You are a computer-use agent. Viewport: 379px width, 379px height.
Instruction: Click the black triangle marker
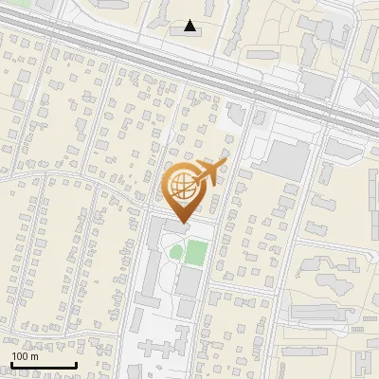190,26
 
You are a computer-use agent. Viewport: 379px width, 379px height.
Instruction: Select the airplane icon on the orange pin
209,173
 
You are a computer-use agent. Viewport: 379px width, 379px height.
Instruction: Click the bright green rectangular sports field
195,253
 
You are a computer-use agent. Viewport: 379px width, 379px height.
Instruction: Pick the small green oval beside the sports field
174,252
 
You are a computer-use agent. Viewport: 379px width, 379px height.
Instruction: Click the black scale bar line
43,365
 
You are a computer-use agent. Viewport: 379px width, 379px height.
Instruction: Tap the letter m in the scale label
35,357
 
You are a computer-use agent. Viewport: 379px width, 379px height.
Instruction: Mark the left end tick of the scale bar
10,363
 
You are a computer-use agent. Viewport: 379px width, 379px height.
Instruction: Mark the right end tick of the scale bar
76,363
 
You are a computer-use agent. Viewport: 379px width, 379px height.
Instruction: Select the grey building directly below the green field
189,282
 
